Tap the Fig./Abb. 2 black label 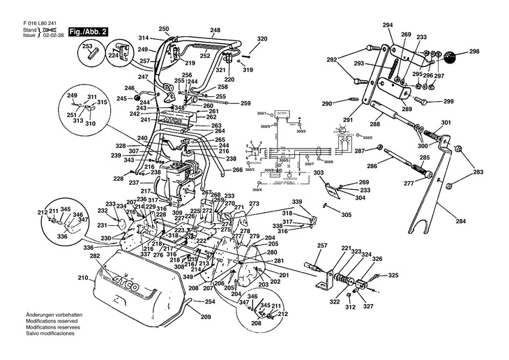tap(88, 32)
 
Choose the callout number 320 tap(261, 38)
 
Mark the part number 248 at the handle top tap(215, 30)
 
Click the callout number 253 tap(88, 46)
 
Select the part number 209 tap(206, 317)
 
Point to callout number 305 tap(347, 215)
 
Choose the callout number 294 tap(388, 25)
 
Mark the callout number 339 tap(297, 201)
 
